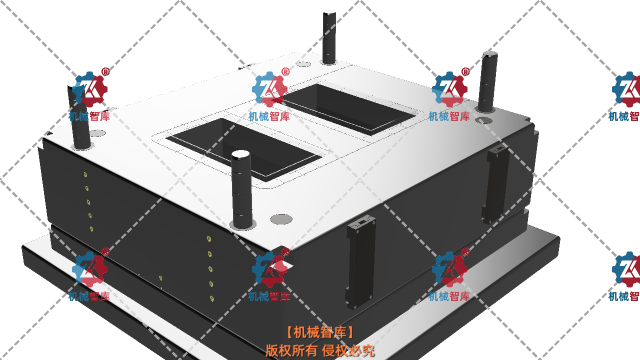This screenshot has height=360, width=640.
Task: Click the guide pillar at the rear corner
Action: click(x=329, y=37)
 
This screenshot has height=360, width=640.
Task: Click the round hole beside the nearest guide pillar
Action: click(x=281, y=219)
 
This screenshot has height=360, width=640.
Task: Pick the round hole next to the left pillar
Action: click(x=98, y=133)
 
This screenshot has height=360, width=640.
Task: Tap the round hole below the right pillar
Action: click(x=483, y=120)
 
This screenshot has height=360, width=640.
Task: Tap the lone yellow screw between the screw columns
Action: click(x=160, y=278)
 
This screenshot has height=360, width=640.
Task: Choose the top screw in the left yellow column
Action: click(x=85, y=174)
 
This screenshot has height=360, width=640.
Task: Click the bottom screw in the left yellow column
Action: click(x=91, y=229)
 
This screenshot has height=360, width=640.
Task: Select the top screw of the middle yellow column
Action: click(x=208, y=239)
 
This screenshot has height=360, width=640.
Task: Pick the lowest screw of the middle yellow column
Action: click(x=212, y=298)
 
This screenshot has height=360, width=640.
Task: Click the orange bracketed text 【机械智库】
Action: click(x=320, y=332)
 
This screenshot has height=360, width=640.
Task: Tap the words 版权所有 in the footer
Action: click(x=291, y=350)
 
